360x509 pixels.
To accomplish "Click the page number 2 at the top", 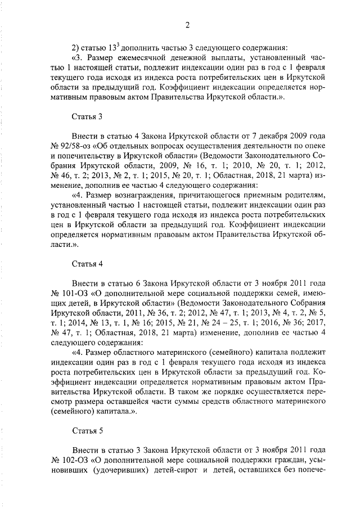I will (x=187, y=24).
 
